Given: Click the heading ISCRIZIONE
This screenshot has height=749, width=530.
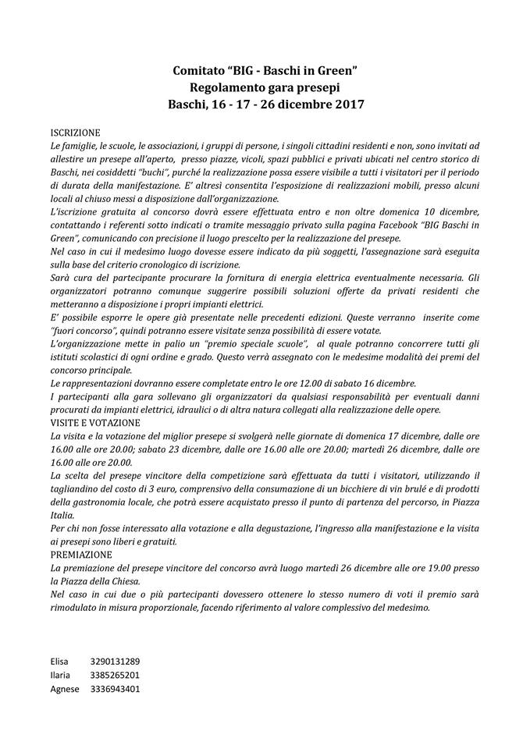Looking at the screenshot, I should (75, 133).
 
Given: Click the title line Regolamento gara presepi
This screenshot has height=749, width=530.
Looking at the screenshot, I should (265, 87).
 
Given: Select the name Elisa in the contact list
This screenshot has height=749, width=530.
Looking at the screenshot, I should (60, 662).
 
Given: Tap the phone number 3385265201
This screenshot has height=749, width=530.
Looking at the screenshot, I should (115, 675).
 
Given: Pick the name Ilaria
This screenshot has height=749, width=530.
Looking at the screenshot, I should (60, 675).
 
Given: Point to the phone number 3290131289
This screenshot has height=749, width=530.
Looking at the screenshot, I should (115, 662).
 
